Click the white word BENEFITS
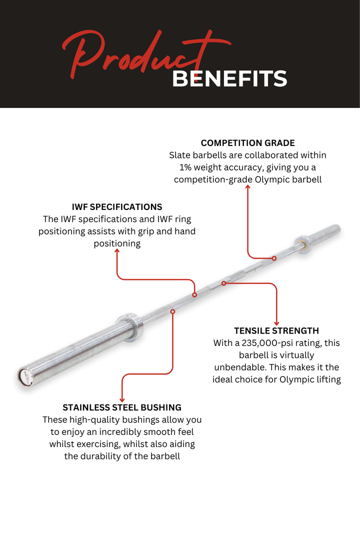click(229, 78)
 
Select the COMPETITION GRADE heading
click(247, 143)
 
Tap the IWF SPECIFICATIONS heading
click(117, 207)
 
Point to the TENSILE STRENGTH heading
click(276, 331)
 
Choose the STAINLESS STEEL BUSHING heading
click(122, 408)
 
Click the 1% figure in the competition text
click(185, 167)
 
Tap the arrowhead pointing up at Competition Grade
click(247, 186)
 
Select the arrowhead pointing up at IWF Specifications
click(117, 250)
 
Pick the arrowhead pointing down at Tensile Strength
click(276, 323)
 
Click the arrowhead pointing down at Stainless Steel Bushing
click(122, 400)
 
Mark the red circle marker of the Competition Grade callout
click(274, 258)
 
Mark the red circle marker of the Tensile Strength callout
click(223, 283)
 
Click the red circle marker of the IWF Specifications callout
click(194, 295)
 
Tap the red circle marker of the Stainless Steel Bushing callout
click(172, 311)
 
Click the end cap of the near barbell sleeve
click(25, 377)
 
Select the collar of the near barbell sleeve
click(130, 327)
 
